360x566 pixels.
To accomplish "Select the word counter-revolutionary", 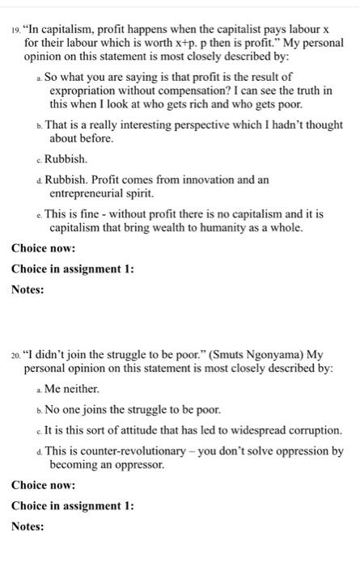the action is pos(119,450).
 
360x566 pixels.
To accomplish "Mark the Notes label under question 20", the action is pos(28,526).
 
